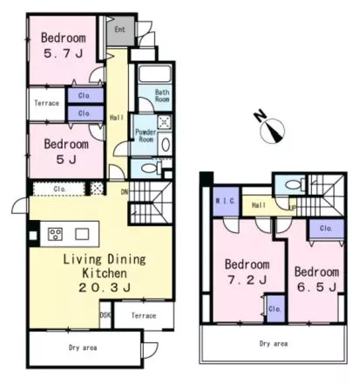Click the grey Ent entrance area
point(120,31)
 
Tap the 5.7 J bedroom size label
point(64,53)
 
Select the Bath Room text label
point(162,95)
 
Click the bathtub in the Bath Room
point(154,74)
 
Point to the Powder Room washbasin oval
point(166,144)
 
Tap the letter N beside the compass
point(260,115)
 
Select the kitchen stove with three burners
point(55,234)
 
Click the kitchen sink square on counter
point(82,234)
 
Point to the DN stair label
point(125,192)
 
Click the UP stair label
point(292,208)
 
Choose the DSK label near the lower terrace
point(105,315)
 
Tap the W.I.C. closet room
point(226,202)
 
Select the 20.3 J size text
point(105,288)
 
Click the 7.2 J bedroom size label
point(248,280)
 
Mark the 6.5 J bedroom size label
point(316,287)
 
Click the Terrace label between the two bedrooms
point(47,103)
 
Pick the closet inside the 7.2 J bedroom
point(275,309)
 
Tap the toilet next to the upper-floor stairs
point(295,184)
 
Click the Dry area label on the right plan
point(274,344)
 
